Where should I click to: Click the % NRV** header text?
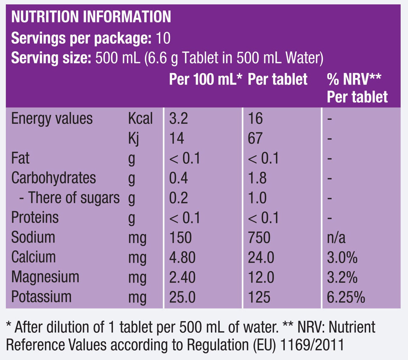[x=354, y=79]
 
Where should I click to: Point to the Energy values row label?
[x=52, y=119]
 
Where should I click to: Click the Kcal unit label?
[x=140, y=118]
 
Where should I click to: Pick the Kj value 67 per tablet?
[x=255, y=138]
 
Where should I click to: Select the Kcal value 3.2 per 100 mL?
[x=178, y=118]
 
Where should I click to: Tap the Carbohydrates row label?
[x=54, y=178]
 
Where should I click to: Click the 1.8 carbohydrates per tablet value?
[x=257, y=178]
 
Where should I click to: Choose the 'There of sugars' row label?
[x=69, y=198]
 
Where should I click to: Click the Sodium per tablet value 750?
[x=259, y=237]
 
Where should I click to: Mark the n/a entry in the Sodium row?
[x=336, y=237]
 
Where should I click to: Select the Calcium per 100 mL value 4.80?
[x=182, y=257]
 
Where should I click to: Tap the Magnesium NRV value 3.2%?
[x=342, y=277]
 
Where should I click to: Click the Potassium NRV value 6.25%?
[x=346, y=297]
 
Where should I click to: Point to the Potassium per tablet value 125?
[x=259, y=297]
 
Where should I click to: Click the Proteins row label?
[x=35, y=217]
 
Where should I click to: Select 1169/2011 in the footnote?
[x=312, y=345]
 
